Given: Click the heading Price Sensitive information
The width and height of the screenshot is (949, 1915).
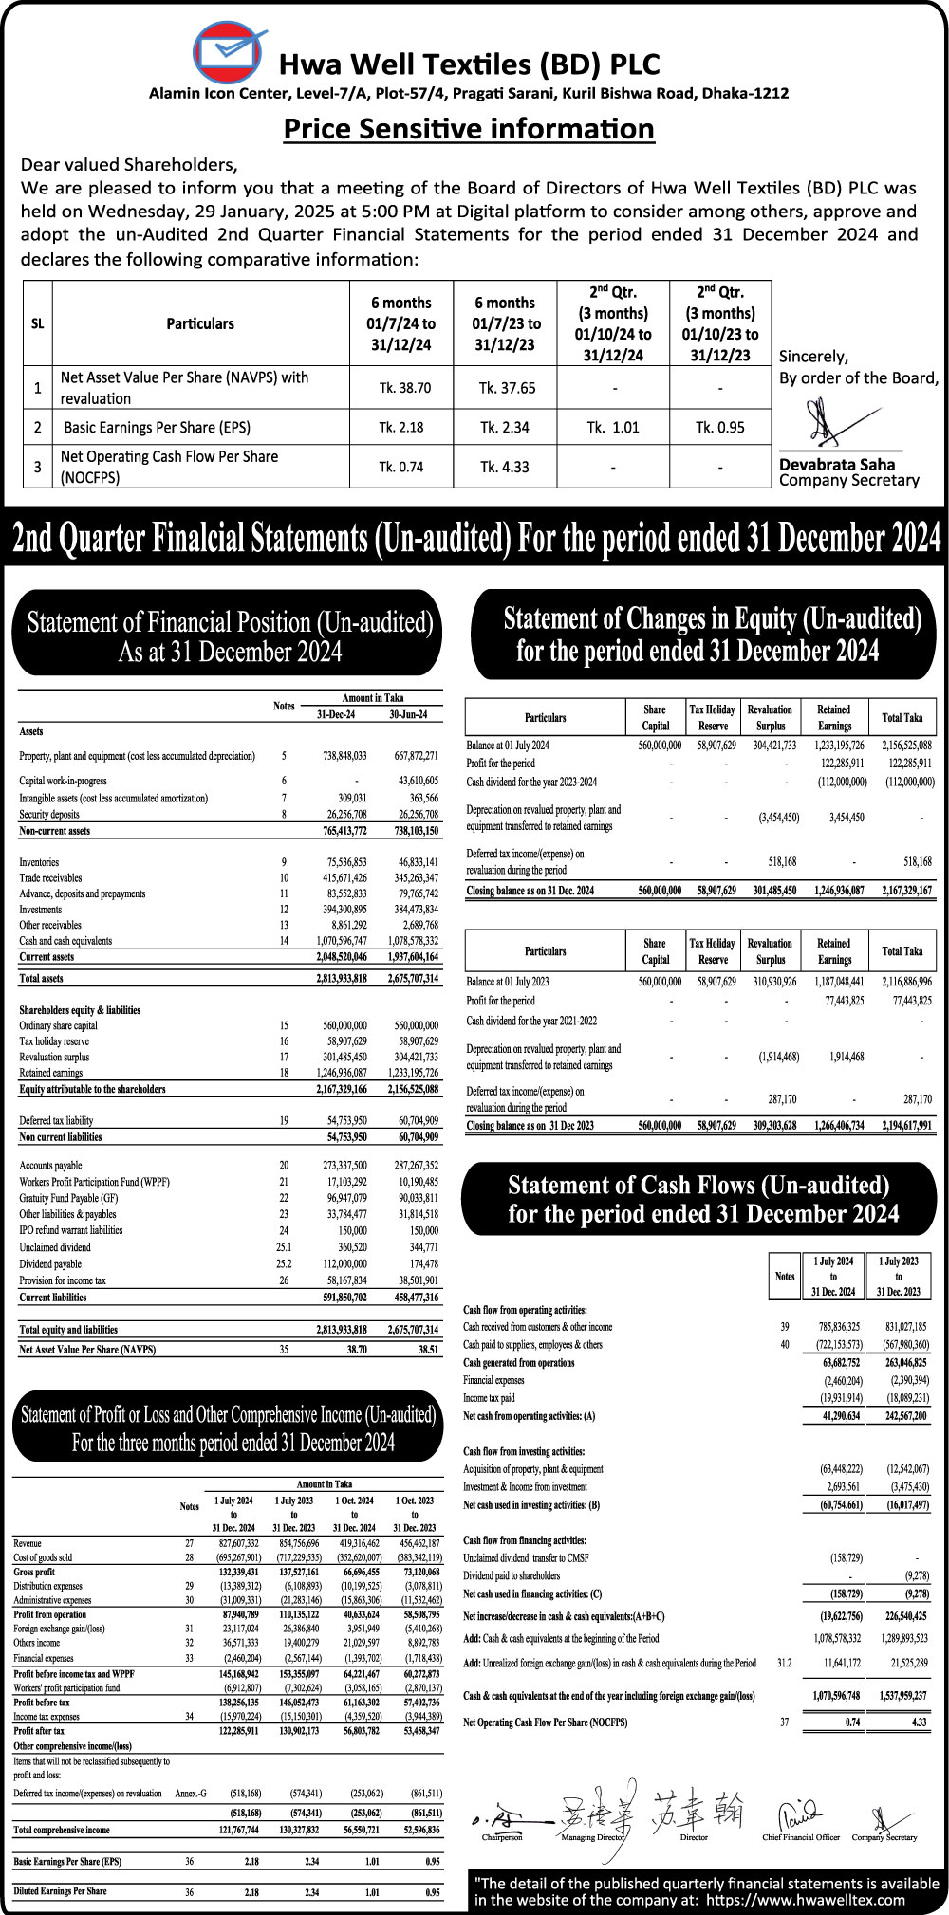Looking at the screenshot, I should click(469, 128).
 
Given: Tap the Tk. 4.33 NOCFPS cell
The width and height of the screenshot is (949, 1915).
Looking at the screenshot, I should click(504, 467).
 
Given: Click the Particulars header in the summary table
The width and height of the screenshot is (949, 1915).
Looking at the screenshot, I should click(200, 323).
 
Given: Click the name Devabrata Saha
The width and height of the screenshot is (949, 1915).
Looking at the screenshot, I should click(836, 464).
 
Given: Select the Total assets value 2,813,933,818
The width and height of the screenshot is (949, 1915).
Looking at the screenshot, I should click(342, 977).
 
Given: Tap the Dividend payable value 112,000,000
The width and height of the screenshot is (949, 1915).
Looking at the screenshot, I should click(343, 1264).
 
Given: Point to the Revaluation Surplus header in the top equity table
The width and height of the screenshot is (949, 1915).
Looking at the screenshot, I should click(770, 717).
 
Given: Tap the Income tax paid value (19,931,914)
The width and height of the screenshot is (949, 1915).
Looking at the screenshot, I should click(836, 1398).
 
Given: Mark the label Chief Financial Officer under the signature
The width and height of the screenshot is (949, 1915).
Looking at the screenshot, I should click(801, 1837).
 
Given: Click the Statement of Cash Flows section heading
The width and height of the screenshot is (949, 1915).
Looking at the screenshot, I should click(699, 1199).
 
